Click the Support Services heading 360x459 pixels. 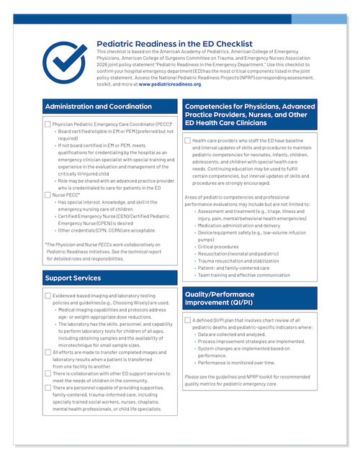coord(74,277)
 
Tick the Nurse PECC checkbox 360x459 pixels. coord(48,194)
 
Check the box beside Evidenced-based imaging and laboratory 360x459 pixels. coord(48,295)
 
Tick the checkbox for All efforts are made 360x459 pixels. coord(48,352)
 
